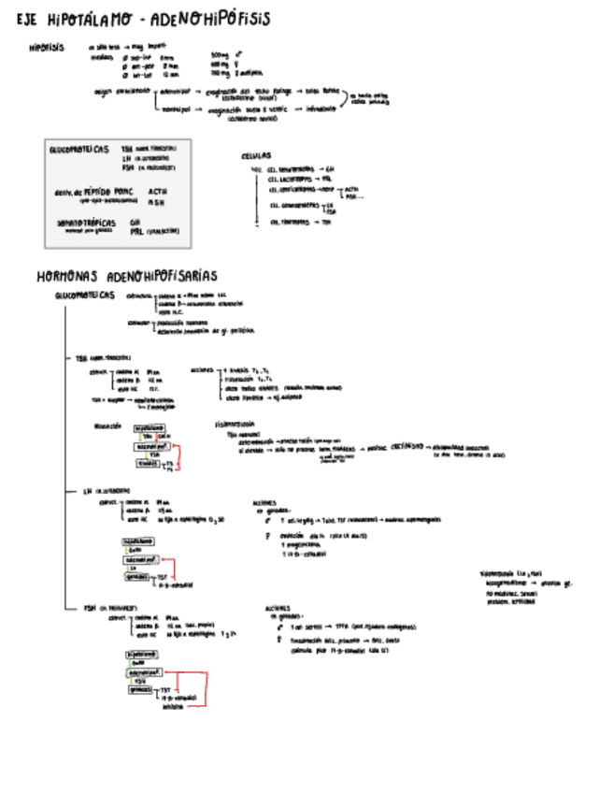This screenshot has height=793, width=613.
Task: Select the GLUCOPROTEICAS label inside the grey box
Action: click(79, 149)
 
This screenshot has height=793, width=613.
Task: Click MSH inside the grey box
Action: click(156, 201)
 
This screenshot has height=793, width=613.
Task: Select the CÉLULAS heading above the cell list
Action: click(256, 158)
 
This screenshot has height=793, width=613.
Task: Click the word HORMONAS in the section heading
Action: click(67, 276)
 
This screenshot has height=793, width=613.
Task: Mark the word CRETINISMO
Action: click(408, 446)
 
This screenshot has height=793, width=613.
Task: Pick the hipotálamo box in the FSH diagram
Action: click(139, 655)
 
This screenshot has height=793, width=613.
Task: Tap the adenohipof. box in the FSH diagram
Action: click(144, 672)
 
